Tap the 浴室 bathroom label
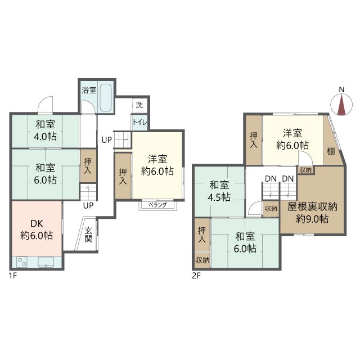pyautogui.click(x=88, y=90)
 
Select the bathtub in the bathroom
pyautogui.click(x=105, y=100)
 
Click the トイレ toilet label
pyautogui.click(x=139, y=122)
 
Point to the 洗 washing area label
pyautogui.click(x=138, y=105)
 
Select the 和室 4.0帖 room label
pyautogui.click(x=46, y=130)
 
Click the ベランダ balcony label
pyautogui.click(x=157, y=205)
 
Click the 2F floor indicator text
pyautogui.click(x=196, y=276)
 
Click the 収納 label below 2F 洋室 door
pyautogui.click(x=305, y=170)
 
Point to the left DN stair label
pyautogui.click(x=271, y=179)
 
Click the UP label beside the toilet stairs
pyautogui.click(x=106, y=139)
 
